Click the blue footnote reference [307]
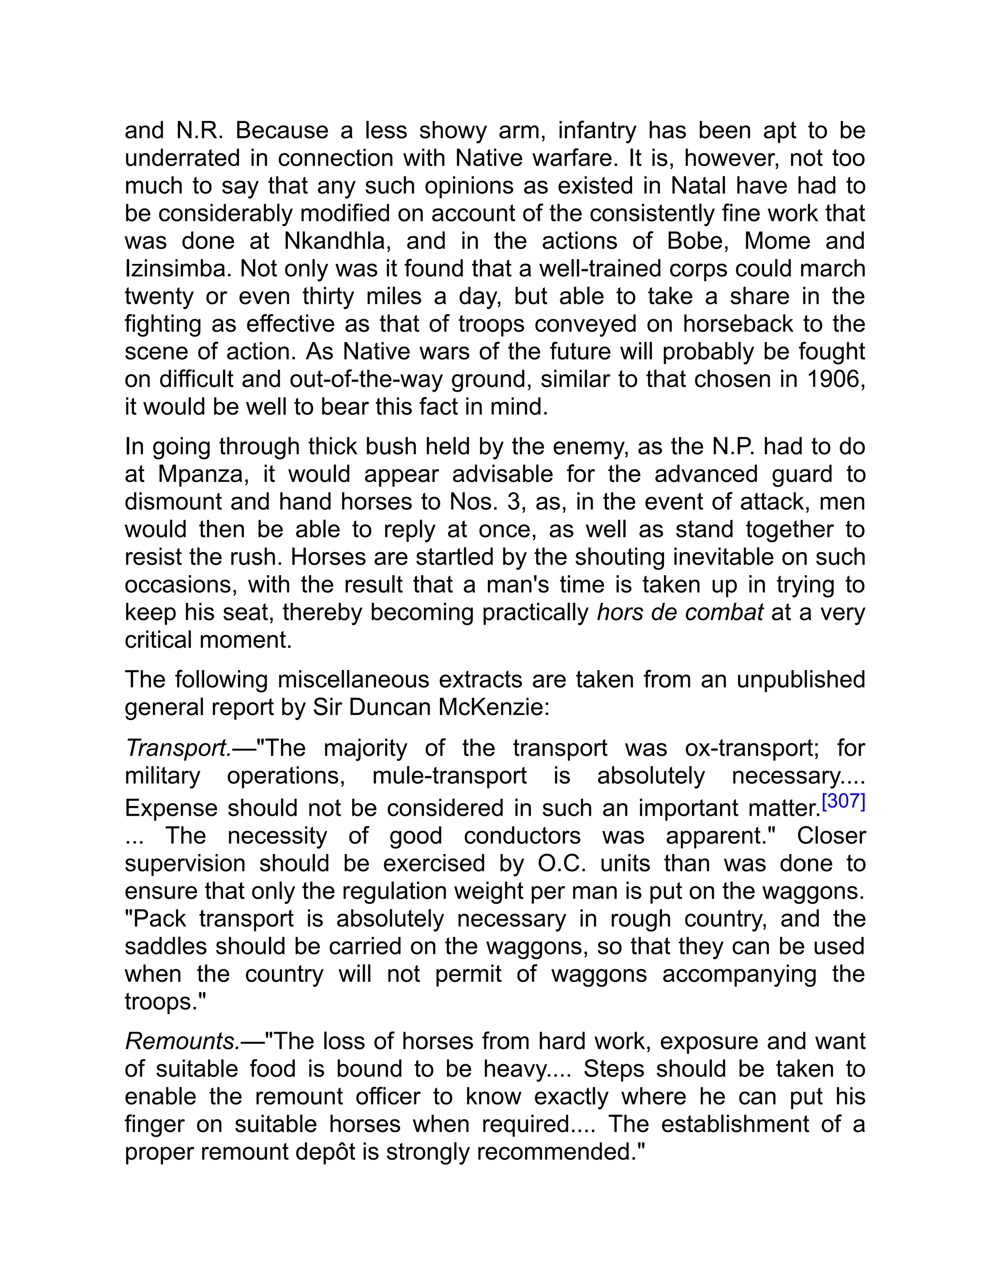[843, 801]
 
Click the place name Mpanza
[200, 474]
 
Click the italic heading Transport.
[178, 748]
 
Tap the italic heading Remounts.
[182, 1041]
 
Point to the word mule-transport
[449, 776]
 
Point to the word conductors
[522, 836]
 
